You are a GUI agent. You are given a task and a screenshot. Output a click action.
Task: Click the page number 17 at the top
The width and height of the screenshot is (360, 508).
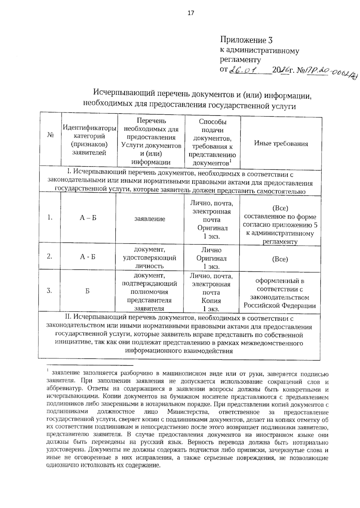(x=191, y=13)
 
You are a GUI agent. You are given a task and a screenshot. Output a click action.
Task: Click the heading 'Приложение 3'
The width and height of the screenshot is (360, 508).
(x=246, y=40)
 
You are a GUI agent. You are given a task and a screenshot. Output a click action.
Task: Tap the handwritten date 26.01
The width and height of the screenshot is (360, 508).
(x=244, y=70)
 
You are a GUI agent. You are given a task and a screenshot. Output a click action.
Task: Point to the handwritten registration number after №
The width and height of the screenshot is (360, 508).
(x=330, y=73)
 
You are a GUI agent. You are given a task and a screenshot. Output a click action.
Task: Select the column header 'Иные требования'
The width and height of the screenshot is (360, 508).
(x=281, y=144)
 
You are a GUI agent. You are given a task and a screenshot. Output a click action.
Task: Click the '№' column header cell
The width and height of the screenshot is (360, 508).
(x=50, y=135)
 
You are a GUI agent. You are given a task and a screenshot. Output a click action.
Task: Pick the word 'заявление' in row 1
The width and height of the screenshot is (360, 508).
(x=150, y=219)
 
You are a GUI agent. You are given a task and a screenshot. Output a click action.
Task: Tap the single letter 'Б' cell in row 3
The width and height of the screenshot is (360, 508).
(x=87, y=291)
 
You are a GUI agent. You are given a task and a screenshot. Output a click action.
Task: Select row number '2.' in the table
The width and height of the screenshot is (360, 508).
(x=49, y=257)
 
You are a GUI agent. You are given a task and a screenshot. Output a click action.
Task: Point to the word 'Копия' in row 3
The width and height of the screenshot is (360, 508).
(x=211, y=301)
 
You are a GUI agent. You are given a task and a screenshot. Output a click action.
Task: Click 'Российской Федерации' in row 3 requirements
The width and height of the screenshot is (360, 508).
(x=280, y=306)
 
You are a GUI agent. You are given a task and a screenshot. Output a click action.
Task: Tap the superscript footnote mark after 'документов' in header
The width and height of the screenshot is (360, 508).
(x=230, y=161)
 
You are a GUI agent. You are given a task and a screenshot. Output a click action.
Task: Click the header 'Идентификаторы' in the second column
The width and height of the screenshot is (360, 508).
(x=89, y=128)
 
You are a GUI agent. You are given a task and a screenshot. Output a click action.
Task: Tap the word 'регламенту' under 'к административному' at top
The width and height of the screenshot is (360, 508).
(x=240, y=60)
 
